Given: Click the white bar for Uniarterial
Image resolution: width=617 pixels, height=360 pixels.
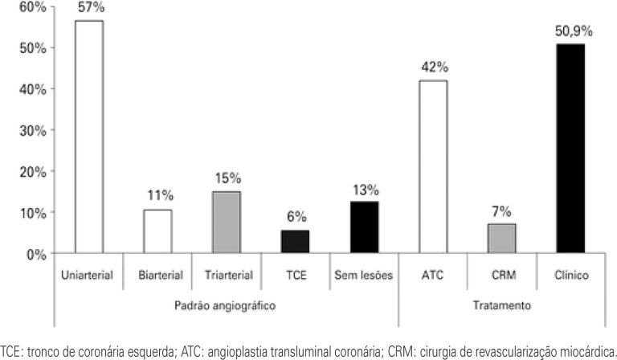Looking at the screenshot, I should coord(88,137).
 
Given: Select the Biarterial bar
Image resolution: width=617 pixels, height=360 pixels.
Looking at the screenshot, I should coord(157,232).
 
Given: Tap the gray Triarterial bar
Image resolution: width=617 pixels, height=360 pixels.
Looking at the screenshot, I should coord(226,223).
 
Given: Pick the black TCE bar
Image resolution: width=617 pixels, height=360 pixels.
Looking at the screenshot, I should coord(295,242).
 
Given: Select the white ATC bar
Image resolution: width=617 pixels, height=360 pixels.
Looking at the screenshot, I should coord(433,167).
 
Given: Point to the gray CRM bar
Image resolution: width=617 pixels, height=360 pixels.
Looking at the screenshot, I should coord(502,239).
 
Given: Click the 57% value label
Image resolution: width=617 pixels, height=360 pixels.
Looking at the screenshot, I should coord(89,8).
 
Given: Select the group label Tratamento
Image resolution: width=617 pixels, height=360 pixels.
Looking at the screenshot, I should coord(502,305).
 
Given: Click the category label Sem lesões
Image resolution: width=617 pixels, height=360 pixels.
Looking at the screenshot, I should coord(364,276).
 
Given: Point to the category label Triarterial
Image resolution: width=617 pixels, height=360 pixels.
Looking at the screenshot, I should coord(226,276).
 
